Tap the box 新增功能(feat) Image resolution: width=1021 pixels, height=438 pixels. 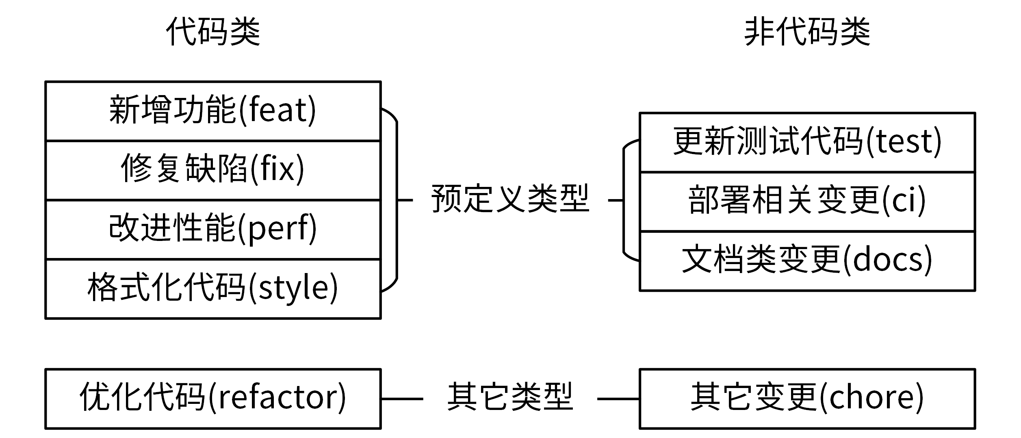pos(213,111)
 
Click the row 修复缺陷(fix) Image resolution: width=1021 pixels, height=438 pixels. pos(213,169)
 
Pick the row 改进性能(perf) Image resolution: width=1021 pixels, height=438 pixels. pos(213,229)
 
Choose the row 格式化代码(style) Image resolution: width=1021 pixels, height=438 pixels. pos(213,288)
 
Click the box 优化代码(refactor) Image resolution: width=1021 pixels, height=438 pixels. pos(213,398)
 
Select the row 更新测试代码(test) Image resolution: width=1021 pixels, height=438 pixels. pos(807,142)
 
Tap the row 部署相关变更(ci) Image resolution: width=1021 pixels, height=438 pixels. pos(807,201)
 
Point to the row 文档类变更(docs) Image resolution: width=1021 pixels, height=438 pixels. pos(807,260)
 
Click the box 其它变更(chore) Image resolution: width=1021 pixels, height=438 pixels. pos(807,398)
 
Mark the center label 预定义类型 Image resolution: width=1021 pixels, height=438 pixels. pos(510,199)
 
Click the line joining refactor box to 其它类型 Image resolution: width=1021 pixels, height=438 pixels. pos(402,399)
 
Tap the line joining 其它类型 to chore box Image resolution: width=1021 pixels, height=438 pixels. pos(618,399)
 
